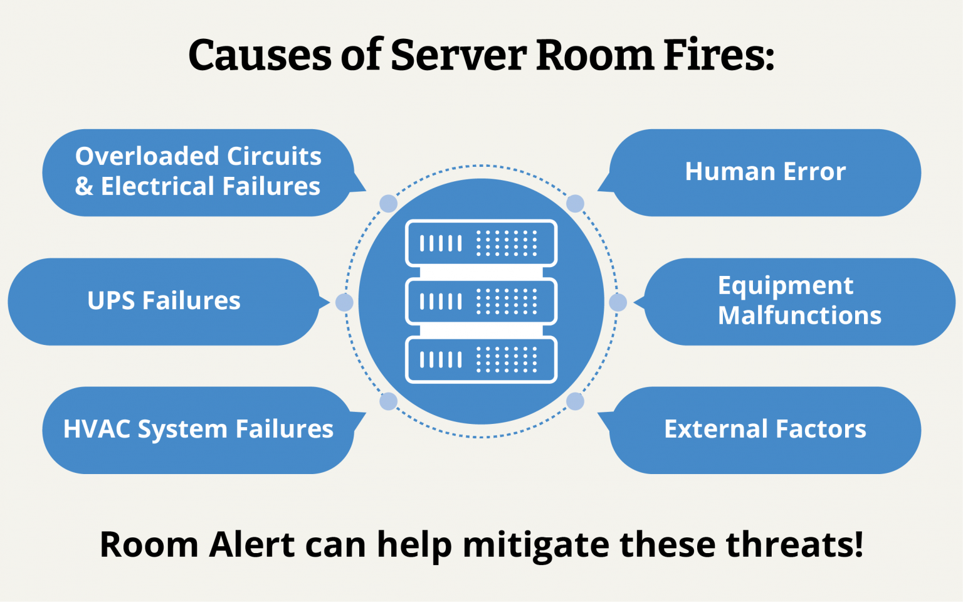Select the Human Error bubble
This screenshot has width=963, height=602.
[x=765, y=172]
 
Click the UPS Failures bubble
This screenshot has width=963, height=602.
[x=164, y=301]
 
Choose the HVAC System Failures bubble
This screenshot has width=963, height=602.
[x=198, y=430]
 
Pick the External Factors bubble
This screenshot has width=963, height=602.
[x=765, y=430]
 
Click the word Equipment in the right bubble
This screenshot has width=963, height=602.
[x=786, y=287]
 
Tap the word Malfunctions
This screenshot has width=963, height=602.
[x=799, y=315]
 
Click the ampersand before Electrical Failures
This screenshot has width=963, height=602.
[x=84, y=186]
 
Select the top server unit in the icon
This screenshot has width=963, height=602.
[x=481, y=243]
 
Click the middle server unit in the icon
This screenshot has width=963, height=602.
[x=481, y=302]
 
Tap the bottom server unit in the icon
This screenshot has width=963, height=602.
[x=481, y=360]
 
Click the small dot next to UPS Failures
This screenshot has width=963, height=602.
[x=344, y=302]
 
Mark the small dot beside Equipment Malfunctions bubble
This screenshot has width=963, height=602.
[x=618, y=302]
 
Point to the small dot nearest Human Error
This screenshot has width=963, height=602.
[x=575, y=203]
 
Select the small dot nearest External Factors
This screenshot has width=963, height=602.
[x=575, y=401]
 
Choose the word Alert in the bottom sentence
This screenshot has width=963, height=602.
[x=252, y=544]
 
